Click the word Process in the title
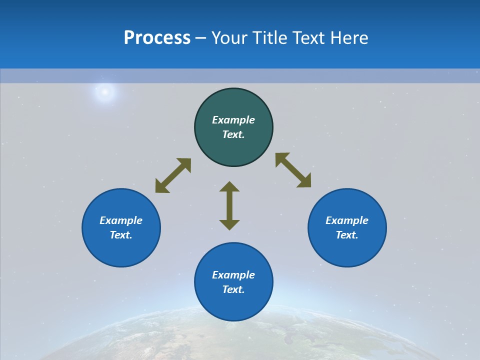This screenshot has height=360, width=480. pyautogui.click(x=157, y=38)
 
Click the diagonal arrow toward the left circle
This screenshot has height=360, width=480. pyautogui.click(x=173, y=175)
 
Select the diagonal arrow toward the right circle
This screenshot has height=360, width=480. pyautogui.click(x=293, y=170)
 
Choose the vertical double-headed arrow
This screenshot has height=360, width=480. pyautogui.click(x=229, y=205)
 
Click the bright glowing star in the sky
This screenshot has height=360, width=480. pyautogui.click(x=105, y=91)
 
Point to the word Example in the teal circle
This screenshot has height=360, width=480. pyautogui.click(x=233, y=120)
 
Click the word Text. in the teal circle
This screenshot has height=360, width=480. pyautogui.click(x=233, y=134)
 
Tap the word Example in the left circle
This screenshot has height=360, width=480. pyautogui.click(x=121, y=220)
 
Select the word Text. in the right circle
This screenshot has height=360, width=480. pyautogui.click(x=347, y=235)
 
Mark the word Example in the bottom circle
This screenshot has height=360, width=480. pyautogui.click(x=233, y=275)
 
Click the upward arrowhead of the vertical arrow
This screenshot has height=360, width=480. pyautogui.click(x=229, y=186)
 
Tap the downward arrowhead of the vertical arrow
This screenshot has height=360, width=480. pyautogui.click(x=229, y=224)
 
